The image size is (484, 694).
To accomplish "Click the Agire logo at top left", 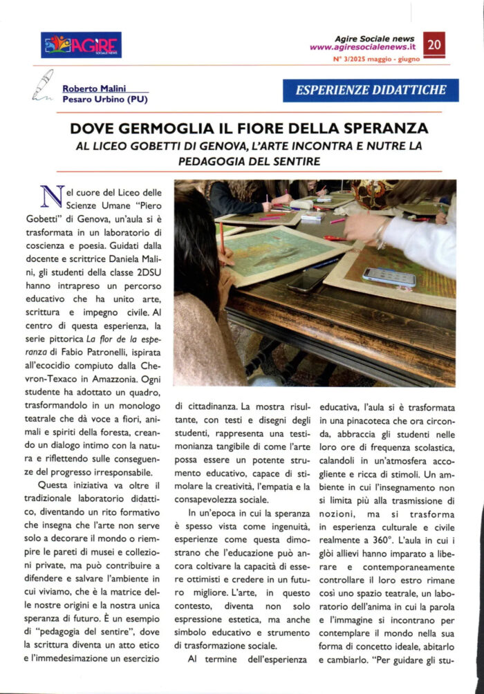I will [81, 44].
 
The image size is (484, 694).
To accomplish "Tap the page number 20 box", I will [435, 46].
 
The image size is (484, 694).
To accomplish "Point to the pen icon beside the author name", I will [43, 86].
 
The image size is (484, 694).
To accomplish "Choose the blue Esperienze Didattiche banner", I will [371, 89].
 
